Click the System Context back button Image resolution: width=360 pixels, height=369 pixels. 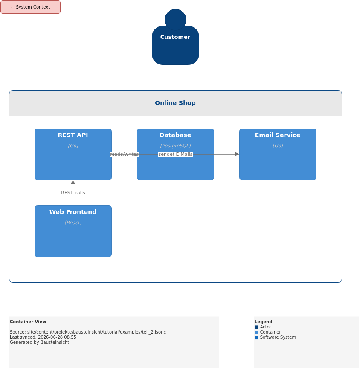point(31,7)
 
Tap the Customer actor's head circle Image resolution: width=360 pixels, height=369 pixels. point(176,20)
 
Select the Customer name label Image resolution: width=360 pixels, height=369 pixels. point(175,37)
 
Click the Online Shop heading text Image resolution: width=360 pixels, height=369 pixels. point(175,103)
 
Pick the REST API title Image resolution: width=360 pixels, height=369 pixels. point(73,135)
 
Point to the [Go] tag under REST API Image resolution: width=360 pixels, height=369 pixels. point(73,146)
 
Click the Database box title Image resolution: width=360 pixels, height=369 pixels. point(175,135)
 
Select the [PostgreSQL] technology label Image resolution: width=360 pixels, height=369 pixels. point(176,146)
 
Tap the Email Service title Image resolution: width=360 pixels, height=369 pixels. point(278,135)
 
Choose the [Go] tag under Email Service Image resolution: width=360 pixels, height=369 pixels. point(278,146)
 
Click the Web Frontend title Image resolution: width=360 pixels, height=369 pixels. point(73,212)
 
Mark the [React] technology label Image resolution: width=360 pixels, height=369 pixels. point(73,223)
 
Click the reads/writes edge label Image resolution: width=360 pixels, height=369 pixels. point(124,154)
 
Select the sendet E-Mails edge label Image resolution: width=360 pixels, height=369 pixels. point(176,154)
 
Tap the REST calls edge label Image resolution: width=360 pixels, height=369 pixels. point(73,193)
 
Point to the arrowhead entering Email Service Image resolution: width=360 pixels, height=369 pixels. point(237,154)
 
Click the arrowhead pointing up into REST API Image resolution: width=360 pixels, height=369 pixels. point(73,182)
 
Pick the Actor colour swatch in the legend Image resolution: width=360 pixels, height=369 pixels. point(257,327)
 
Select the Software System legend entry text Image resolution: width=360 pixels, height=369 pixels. point(278,337)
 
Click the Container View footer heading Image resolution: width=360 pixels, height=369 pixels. point(28,322)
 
